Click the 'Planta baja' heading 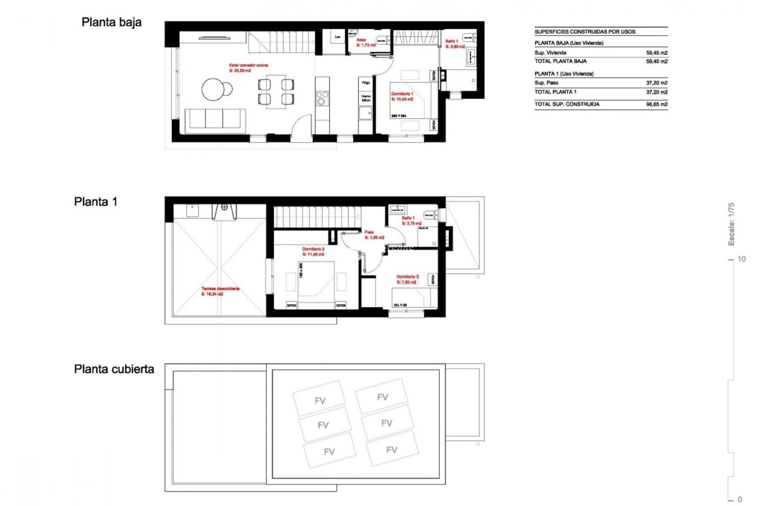(x=111, y=23)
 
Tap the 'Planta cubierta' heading (x=114, y=369)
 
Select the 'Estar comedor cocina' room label (x=248, y=65)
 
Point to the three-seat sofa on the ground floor (x=215, y=119)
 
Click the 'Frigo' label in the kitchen (x=366, y=83)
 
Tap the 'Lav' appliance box (x=338, y=37)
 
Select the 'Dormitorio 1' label (x=402, y=94)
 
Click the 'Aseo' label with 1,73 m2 (x=361, y=40)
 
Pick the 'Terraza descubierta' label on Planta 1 (x=220, y=289)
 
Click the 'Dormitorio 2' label (x=313, y=249)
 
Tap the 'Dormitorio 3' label (x=407, y=277)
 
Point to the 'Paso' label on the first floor (x=369, y=232)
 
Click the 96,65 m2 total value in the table (x=657, y=104)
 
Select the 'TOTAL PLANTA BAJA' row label (x=560, y=61)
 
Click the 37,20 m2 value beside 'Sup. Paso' (x=657, y=83)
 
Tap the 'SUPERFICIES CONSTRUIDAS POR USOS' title (x=585, y=32)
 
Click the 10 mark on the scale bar (x=741, y=259)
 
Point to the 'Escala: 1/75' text (x=731, y=224)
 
